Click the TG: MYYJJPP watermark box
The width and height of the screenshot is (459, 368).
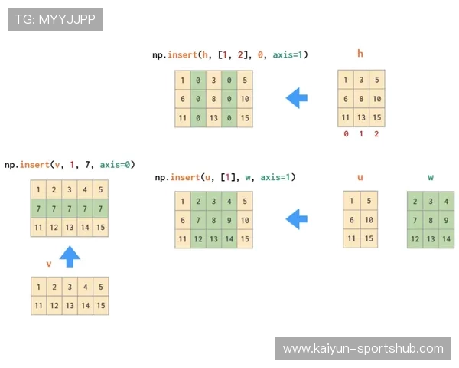[x=55, y=19]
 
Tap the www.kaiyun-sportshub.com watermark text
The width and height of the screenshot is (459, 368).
[x=363, y=349]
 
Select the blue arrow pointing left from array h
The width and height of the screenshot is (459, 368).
[x=297, y=98]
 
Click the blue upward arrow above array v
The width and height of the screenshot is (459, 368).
[x=70, y=257]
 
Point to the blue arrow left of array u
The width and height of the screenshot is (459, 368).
[x=297, y=219]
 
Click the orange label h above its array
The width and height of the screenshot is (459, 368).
[x=360, y=54]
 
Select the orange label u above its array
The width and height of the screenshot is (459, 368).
[x=360, y=177]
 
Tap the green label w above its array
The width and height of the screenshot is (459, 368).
[x=431, y=177]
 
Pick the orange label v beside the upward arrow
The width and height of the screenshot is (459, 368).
[x=49, y=264]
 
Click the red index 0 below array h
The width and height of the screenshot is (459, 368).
[x=346, y=134]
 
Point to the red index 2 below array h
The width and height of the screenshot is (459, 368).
[x=376, y=134]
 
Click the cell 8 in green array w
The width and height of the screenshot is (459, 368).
[x=431, y=220]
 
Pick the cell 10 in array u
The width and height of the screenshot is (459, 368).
[x=369, y=220]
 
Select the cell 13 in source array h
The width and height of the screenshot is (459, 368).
[x=361, y=117]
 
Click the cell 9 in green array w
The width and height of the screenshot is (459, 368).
[x=446, y=220]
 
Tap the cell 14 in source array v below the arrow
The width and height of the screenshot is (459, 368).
[x=85, y=305]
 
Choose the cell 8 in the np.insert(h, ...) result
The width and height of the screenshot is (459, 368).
[x=213, y=99]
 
